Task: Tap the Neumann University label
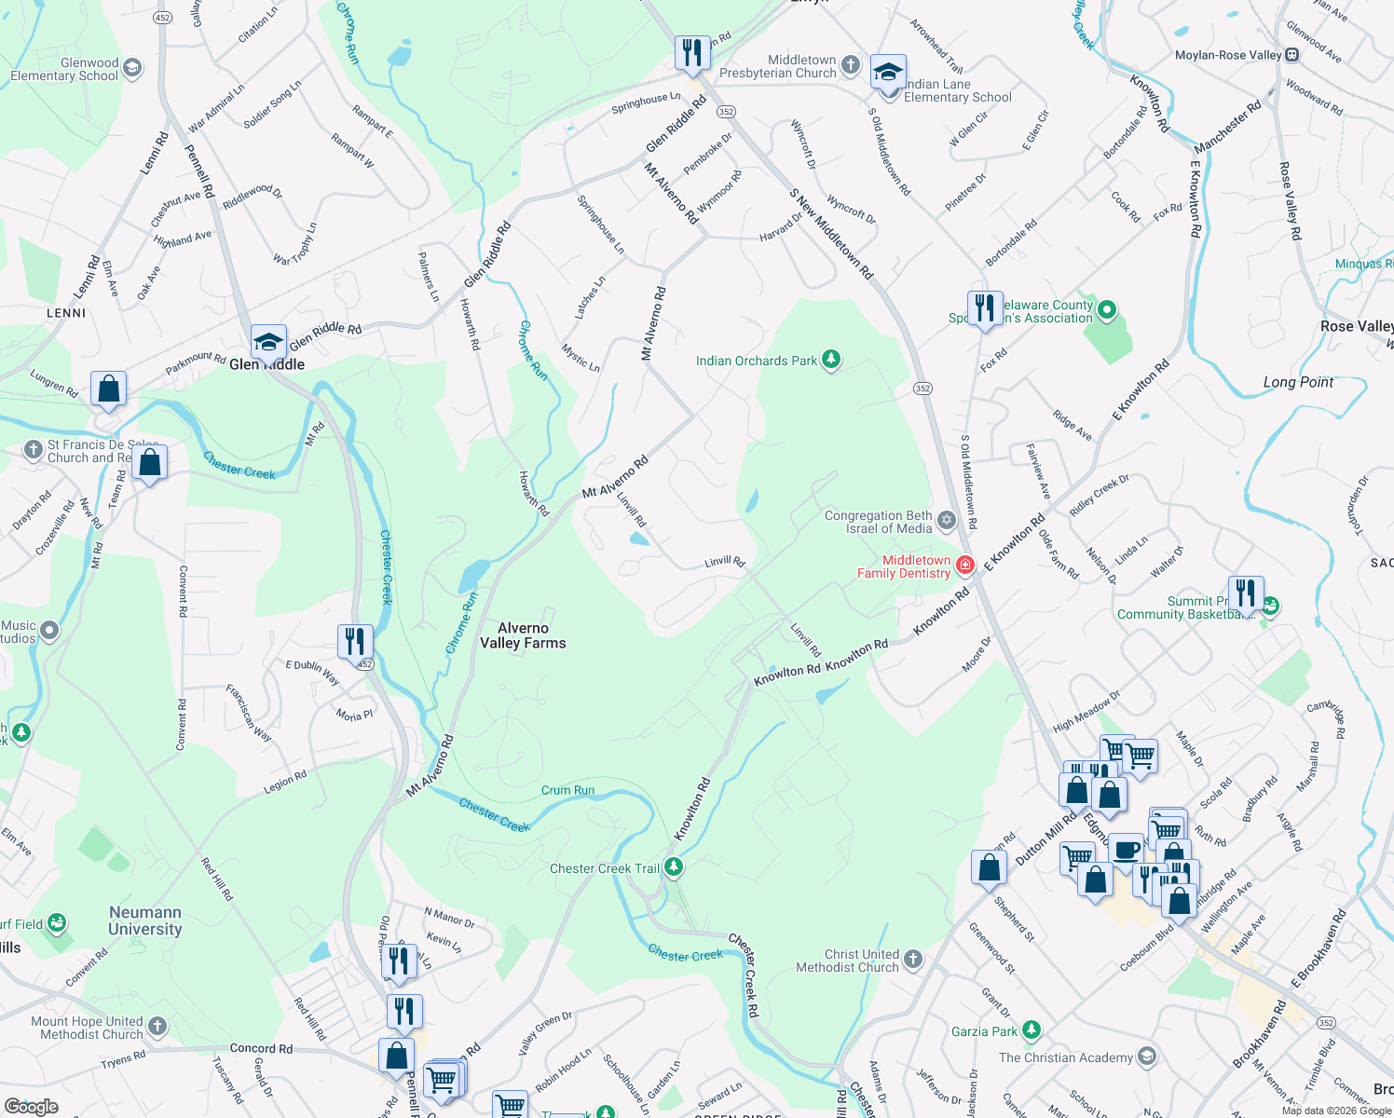(x=144, y=920)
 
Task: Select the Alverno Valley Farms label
(x=523, y=635)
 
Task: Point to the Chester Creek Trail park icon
(x=674, y=868)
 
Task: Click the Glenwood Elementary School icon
(x=132, y=67)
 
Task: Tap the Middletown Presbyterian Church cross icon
(x=850, y=65)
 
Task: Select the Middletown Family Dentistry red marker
(x=965, y=565)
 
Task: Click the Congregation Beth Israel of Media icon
(x=947, y=520)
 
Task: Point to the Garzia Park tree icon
(x=1031, y=1030)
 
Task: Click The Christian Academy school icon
(x=1147, y=1057)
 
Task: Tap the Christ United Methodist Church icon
(x=913, y=959)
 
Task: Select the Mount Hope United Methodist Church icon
(x=157, y=1027)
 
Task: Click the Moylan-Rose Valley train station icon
(x=1292, y=55)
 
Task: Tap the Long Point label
(x=1298, y=382)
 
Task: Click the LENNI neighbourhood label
(x=66, y=313)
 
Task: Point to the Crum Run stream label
(x=567, y=790)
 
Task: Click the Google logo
(x=32, y=1106)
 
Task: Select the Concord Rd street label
(x=261, y=1048)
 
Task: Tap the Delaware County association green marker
(x=1107, y=310)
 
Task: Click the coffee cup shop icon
(x=1126, y=850)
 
